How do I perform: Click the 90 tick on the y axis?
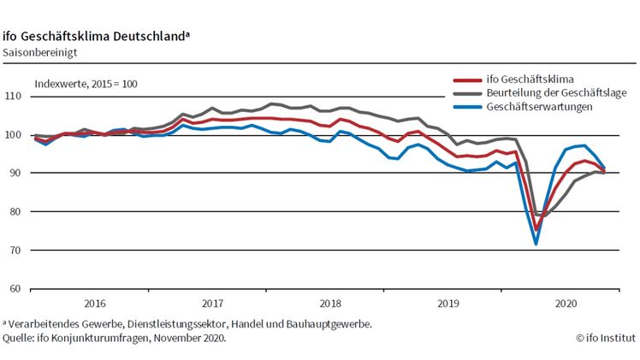click(15, 174)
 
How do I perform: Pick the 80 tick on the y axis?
click(15, 212)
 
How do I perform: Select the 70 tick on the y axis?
click(15, 250)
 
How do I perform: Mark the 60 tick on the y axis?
click(15, 289)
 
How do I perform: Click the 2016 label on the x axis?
click(94, 303)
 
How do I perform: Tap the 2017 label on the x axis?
click(212, 303)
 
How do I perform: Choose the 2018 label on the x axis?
click(330, 303)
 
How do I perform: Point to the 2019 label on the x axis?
click(448, 303)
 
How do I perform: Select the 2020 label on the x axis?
click(566, 303)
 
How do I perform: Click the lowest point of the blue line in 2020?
click(536, 244)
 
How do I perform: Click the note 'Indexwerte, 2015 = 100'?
click(86, 84)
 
